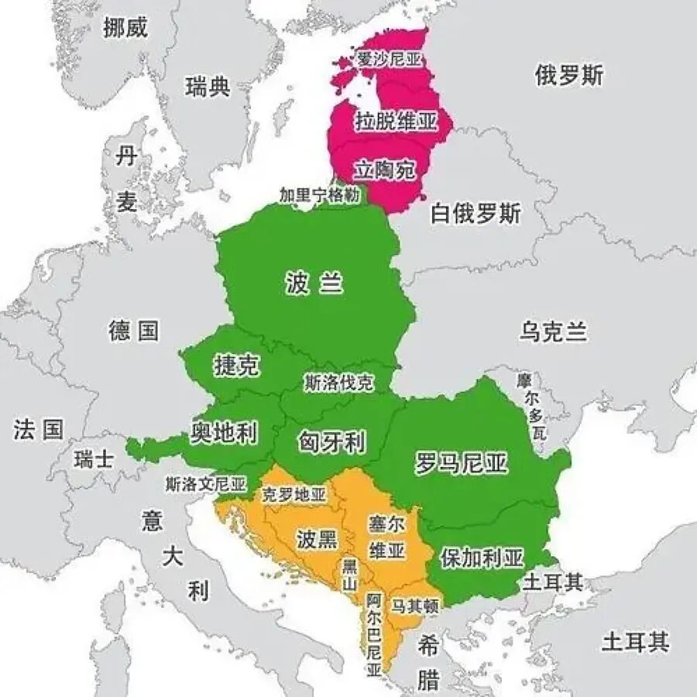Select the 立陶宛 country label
(386, 170)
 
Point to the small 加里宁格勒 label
(320, 196)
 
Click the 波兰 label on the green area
(314, 284)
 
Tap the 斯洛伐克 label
(339, 382)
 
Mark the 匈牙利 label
(331, 442)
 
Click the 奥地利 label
(224, 433)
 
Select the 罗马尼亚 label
(462, 463)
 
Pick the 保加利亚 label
(482, 558)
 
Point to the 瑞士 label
(94, 459)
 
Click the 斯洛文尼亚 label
(205, 485)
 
